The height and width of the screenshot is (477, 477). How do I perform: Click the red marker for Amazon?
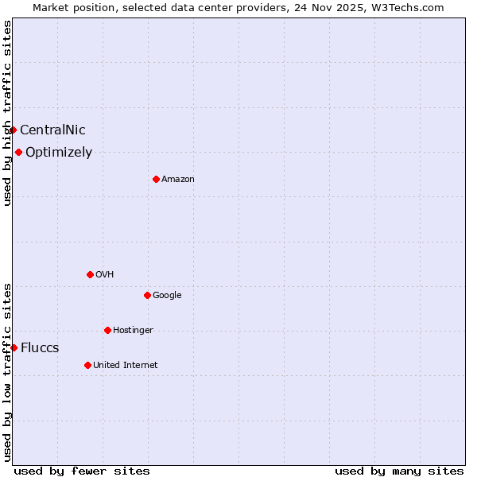click(156, 179)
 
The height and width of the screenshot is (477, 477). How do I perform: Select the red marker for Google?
click(147, 295)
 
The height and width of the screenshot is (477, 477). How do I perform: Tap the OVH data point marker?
click(90, 274)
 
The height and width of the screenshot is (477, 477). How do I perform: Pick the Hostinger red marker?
click(107, 330)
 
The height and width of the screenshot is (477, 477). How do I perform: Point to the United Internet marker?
click(87, 365)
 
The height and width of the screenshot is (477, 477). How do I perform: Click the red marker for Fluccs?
click(14, 347)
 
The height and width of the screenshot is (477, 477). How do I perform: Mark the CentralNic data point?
click(13, 130)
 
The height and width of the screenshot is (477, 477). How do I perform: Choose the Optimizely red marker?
click(18, 152)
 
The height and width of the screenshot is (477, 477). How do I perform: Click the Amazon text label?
click(178, 180)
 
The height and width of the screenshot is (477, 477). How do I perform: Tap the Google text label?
click(167, 296)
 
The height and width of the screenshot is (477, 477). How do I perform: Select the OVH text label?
click(104, 275)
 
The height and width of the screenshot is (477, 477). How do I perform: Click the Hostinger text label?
click(133, 331)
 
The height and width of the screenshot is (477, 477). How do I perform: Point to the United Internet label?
click(126, 366)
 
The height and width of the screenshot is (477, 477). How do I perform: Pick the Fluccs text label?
click(40, 348)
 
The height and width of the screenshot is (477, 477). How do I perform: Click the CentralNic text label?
click(52, 130)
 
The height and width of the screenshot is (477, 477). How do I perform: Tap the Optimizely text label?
click(59, 153)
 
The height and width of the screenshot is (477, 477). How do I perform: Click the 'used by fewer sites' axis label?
click(82, 471)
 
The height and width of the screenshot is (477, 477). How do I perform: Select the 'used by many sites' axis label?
click(399, 471)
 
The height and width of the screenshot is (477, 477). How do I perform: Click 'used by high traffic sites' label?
click(7, 113)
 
